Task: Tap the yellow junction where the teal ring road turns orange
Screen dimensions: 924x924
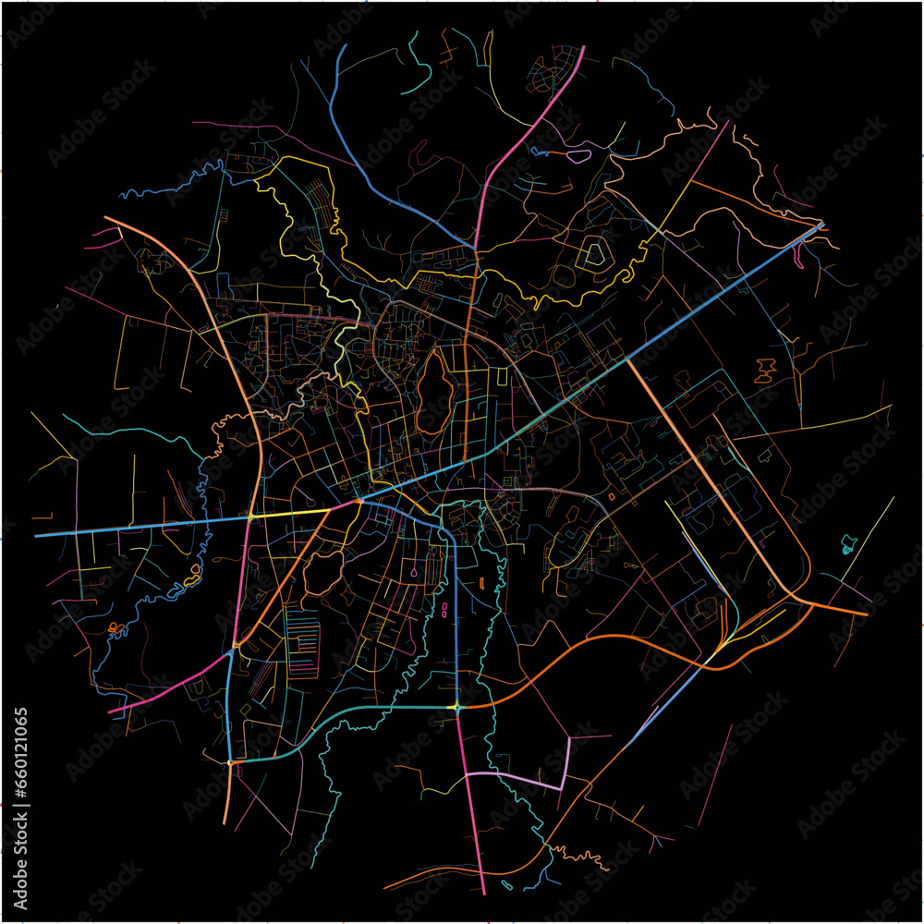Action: coord(456,707)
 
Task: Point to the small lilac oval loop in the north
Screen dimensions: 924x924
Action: coord(577,156)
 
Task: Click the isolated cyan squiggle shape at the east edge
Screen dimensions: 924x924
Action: coord(849,545)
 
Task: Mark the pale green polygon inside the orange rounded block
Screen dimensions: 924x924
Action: coord(592,252)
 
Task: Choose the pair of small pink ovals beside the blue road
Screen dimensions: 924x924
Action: coord(446,609)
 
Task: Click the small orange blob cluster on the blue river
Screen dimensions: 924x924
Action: coord(115,628)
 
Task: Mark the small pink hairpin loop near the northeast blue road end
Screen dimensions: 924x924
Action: coord(800,258)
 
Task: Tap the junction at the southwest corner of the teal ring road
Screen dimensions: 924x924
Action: coord(230,762)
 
